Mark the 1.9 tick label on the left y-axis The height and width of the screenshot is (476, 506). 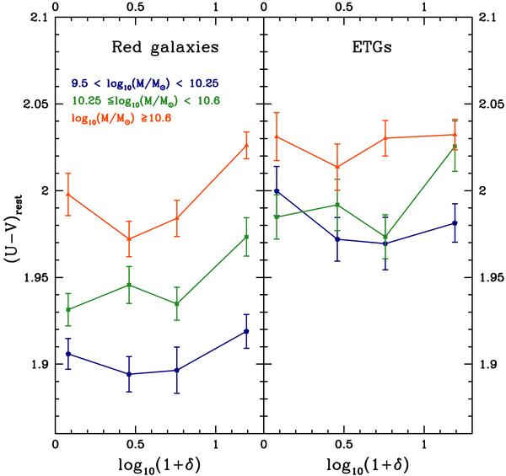tap(39, 365)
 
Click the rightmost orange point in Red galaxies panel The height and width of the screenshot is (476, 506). tap(246, 145)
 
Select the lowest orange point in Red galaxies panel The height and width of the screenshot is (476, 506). tap(128, 239)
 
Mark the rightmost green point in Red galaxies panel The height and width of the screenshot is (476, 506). tap(246, 237)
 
